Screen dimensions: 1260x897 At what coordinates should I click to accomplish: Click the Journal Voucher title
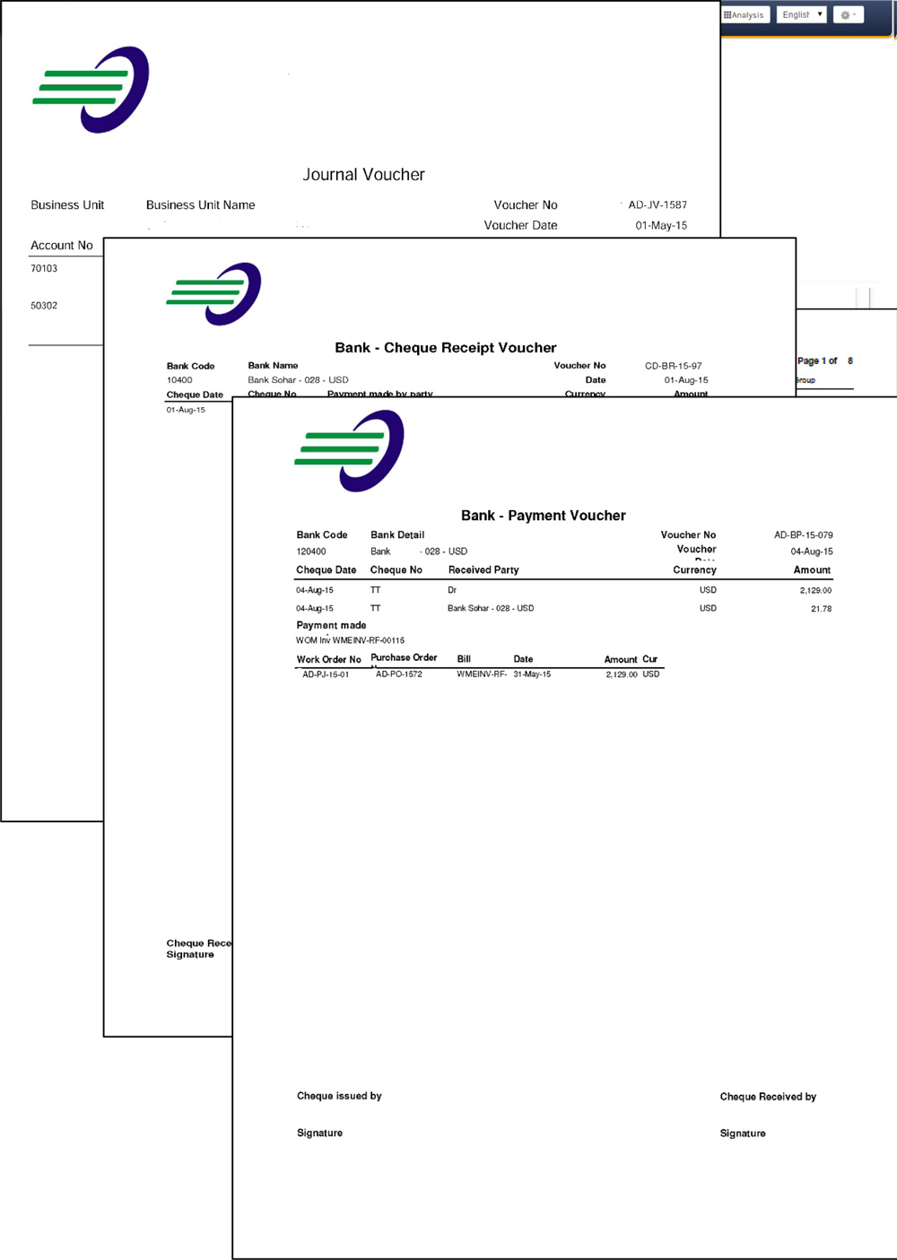tap(363, 175)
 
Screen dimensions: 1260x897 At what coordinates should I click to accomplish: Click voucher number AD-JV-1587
tap(658, 205)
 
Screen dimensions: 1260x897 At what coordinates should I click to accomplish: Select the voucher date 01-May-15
tap(661, 226)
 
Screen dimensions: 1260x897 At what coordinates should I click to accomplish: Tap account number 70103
tap(44, 269)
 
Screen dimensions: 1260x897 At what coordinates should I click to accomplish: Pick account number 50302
tap(44, 306)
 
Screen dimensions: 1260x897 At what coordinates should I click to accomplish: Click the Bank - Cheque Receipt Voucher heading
tap(446, 348)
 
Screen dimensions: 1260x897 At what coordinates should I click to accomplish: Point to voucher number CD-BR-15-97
tap(673, 366)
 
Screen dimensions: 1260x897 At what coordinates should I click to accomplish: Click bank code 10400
tap(179, 380)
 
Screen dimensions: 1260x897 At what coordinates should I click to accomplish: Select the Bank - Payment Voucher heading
tap(543, 516)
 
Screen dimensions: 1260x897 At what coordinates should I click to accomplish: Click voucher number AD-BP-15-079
tap(803, 535)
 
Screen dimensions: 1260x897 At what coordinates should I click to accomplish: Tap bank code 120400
tap(311, 552)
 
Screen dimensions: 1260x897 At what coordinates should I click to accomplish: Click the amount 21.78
tap(821, 609)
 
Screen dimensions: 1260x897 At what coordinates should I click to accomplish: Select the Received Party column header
tap(483, 570)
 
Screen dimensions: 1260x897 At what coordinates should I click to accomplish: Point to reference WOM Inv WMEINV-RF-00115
tap(350, 640)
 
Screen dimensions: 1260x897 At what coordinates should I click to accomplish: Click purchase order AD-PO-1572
tap(398, 674)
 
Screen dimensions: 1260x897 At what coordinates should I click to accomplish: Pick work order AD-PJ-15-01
tap(326, 674)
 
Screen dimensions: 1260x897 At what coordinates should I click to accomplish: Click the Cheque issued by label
tap(339, 1096)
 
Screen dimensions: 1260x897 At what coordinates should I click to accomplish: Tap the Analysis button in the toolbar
tap(745, 15)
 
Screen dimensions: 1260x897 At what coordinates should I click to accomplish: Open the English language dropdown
tap(801, 15)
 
